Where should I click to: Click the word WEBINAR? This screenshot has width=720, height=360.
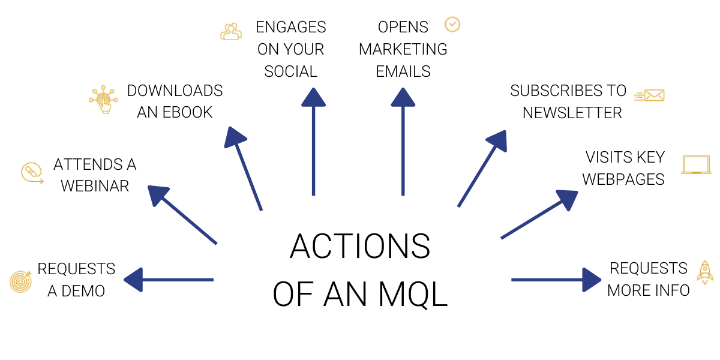(95, 186)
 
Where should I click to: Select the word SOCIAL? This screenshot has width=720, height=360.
(291, 71)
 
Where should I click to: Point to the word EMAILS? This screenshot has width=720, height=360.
(403, 71)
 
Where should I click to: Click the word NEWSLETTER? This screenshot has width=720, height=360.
(572, 113)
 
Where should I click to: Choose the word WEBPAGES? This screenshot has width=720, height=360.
(623, 179)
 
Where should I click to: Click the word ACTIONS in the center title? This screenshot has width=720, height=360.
(360, 247)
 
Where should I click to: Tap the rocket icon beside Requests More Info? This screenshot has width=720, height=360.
(705, 272)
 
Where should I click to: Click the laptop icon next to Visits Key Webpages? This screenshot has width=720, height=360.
(696, 165)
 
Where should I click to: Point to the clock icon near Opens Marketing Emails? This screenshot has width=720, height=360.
(452, 24)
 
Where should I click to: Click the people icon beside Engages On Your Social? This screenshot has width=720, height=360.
(231, 32)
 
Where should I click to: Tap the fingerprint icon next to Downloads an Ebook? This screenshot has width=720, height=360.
(103, 100)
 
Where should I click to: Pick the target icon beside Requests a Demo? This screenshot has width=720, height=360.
(20, 280)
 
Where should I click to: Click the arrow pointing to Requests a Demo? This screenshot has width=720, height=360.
(168, 280)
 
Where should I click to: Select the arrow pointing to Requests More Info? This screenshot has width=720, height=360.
(556, 280)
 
